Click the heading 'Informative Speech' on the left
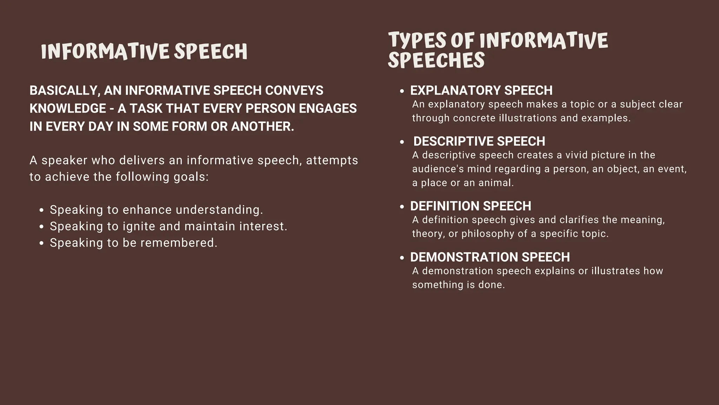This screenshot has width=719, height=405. (x=144, y=52)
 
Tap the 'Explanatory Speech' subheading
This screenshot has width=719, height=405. (x=481, y=90)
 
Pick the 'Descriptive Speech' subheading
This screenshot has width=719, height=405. (x=479, y=141)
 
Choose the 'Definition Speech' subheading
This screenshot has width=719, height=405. (x=470, y=206)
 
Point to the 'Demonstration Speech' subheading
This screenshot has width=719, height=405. (x=490, y=257)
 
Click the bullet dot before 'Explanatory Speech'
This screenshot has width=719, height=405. (x=402, y=91)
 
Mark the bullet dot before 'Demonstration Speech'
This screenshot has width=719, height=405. (x=402, y=258)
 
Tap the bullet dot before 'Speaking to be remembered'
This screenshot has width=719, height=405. (x=42, y=243)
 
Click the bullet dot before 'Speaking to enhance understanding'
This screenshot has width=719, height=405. (x=42, y=210)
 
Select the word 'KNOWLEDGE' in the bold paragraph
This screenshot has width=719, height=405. (x=67, y=108)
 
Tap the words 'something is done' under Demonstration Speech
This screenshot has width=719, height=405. (x=458, y=285)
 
